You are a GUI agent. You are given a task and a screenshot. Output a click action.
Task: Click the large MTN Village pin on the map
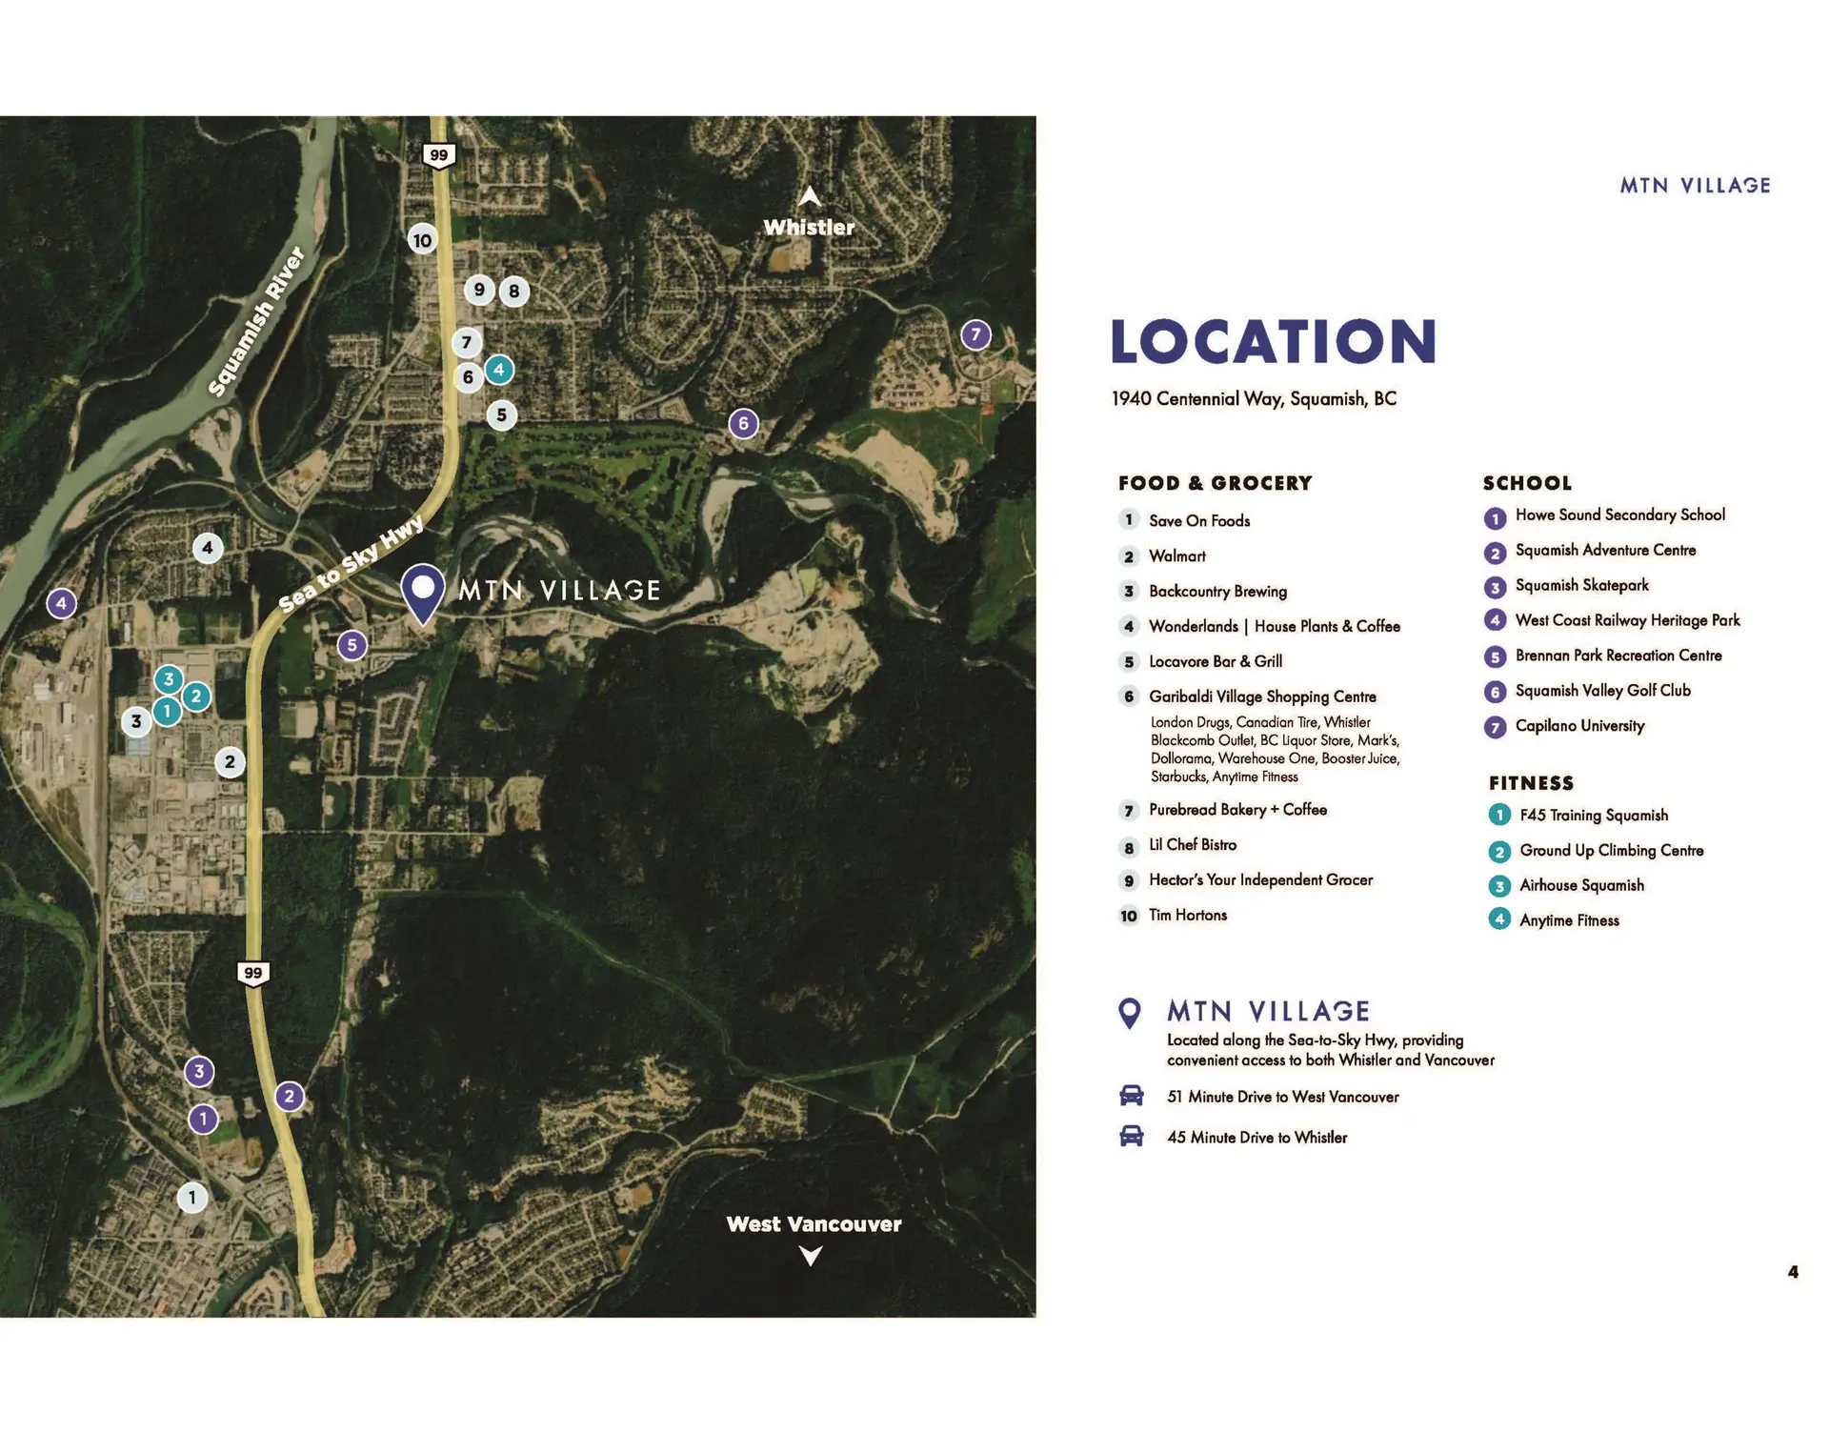[422, 591]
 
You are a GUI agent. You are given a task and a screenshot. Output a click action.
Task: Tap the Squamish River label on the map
[256, 321]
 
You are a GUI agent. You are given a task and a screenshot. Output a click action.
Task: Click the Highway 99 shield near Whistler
[438, 155]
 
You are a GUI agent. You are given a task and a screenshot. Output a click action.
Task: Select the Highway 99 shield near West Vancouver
[252, 973]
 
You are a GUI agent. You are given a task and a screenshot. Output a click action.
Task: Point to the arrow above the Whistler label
[809, 196]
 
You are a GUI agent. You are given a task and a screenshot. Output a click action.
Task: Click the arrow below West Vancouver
[811, 1257]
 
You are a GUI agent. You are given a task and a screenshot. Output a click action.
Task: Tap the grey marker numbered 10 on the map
[422, 240]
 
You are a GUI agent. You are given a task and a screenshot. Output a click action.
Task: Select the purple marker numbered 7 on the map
[975, 334]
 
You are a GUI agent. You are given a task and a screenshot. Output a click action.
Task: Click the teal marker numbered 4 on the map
[498, 370]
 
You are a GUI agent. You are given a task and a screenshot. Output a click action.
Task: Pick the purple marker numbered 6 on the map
[743, 423]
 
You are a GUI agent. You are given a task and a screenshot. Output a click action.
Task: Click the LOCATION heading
[1273, 342]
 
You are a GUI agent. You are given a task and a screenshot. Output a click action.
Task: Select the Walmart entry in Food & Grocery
[1176, 556]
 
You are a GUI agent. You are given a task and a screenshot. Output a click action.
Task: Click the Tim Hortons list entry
[1187, 916]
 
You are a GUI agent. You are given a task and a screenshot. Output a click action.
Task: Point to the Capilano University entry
[1579, 726]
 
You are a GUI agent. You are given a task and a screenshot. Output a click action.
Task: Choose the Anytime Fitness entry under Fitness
[1568, 920]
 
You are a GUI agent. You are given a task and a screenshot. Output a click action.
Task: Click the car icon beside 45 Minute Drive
[1131, 1136]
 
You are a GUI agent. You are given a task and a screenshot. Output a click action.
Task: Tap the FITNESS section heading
[1531, 783]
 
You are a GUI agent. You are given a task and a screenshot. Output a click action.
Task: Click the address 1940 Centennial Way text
[1253, 399]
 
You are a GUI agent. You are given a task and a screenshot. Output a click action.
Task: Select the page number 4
[1793, 1272]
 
